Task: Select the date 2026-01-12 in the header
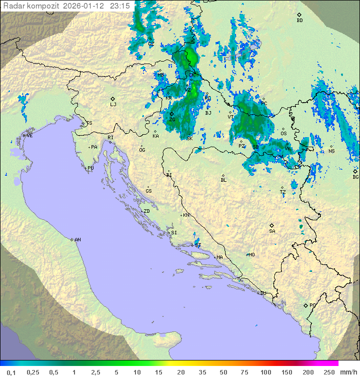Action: [84, 6]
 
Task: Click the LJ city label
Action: [113, 104]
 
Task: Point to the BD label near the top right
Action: [299, 21]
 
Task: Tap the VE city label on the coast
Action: [29, 136]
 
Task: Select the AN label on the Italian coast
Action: [77, 240]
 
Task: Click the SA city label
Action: [272, 231]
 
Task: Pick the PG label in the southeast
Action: [312, 305]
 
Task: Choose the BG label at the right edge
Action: [355, 177]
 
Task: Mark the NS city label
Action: [331, 151]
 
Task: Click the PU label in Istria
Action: [90, 168]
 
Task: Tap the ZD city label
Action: [146, 211]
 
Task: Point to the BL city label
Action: [223, 180]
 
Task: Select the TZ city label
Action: [283, 192]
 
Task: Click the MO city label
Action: [251, 254]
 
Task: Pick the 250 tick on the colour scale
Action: [329, 372]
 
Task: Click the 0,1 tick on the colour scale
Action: [11, 372]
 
